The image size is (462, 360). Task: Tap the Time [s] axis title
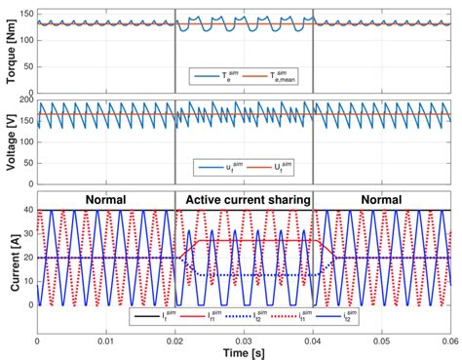(244, 351)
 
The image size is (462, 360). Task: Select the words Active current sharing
(244, 201)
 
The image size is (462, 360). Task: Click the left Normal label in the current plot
(106, 201)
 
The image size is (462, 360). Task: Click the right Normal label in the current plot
(381, 201)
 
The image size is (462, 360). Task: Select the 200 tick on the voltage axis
(26, 100)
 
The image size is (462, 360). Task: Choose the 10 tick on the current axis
(28, 281)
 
